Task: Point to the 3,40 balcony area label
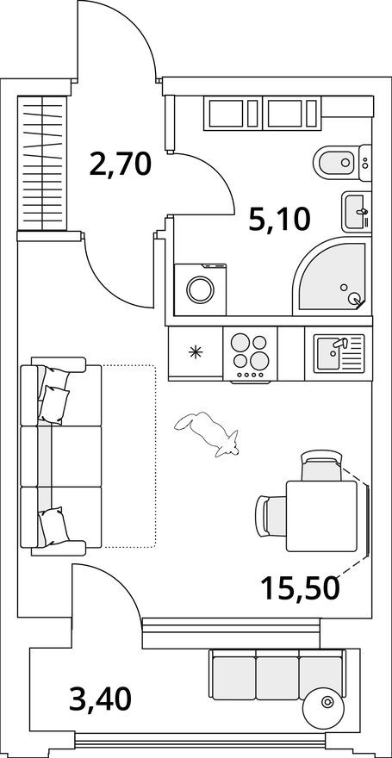click(100, 698)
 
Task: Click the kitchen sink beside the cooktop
click(339, 354)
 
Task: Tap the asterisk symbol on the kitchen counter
click(196, 351)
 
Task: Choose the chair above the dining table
click(320, 467)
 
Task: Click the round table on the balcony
click(327, 704)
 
